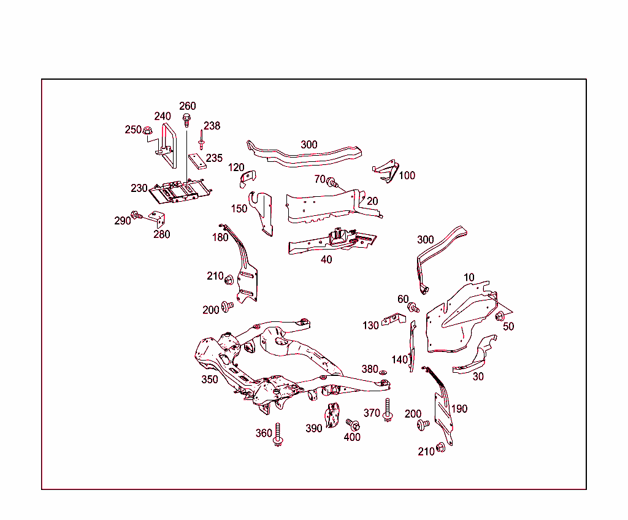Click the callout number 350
click(210, 380)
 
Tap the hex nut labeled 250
click(147, 130)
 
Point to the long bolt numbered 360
click(278, 434)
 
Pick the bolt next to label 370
click(388, 410)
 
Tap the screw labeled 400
click(352, 424)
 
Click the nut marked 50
click(499, 316)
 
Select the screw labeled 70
click(332, 182)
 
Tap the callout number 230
click(139, 188)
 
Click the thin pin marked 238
click(201, 139)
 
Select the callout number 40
click(326, 259)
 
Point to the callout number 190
click(459, 409)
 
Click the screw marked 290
click(137, 215)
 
